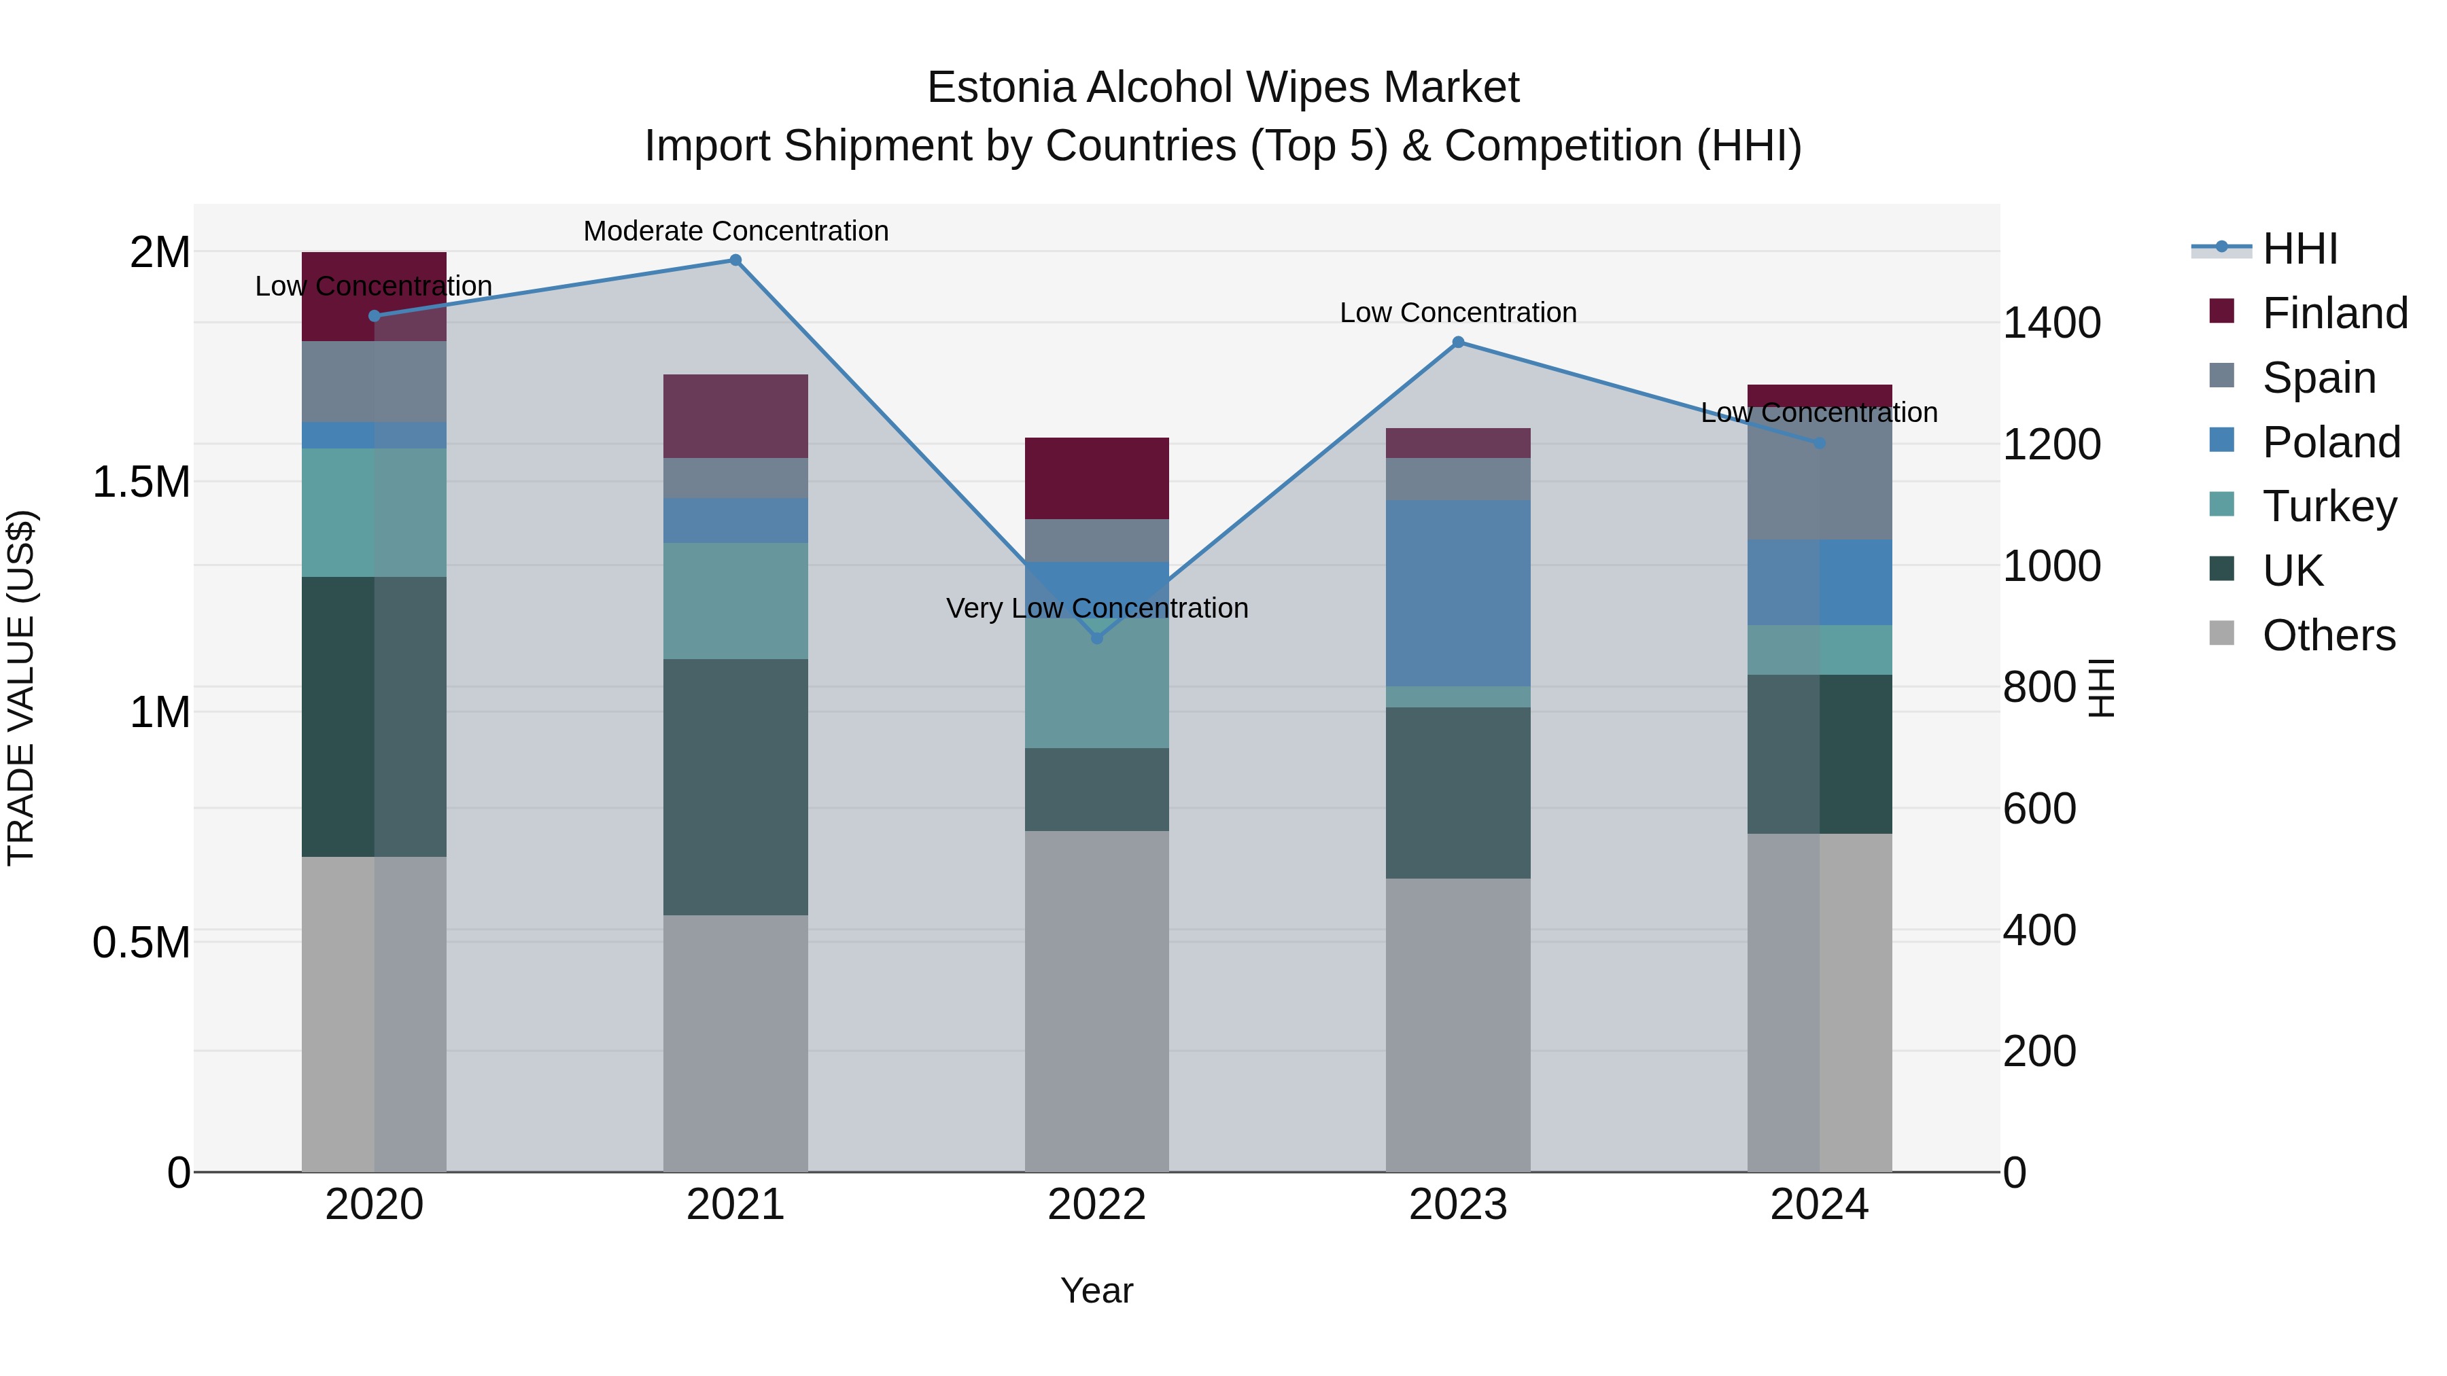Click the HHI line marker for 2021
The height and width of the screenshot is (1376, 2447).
click(x=735, y=260)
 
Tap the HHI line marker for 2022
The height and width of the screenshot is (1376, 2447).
click(x=1097, y=638)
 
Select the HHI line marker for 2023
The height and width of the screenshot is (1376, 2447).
click(x=1458, y=342)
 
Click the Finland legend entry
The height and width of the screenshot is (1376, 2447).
click(x=2334, y=313)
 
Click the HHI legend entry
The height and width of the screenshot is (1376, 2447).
click(x=2299, y=249)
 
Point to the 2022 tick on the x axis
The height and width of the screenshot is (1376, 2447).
click(x=1097, y=1205)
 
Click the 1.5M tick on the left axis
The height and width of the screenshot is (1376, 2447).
click(x=141, y=482)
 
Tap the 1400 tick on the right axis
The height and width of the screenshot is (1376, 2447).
click(x=2052, y=323)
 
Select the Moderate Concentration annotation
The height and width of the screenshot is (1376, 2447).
click(x=735, y=231)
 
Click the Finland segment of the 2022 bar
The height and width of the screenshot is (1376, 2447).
click(x=1097, y=478)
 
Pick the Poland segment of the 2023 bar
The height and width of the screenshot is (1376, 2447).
click(x=1458, y=593)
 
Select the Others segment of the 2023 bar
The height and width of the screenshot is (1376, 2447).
click(x=1458, y=1025)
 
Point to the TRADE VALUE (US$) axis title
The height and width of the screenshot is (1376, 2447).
click(x=21, y=688)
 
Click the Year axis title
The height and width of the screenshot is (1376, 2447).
click(x=1097, y=1290)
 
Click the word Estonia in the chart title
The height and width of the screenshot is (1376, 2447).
click(x=999, y=88)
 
